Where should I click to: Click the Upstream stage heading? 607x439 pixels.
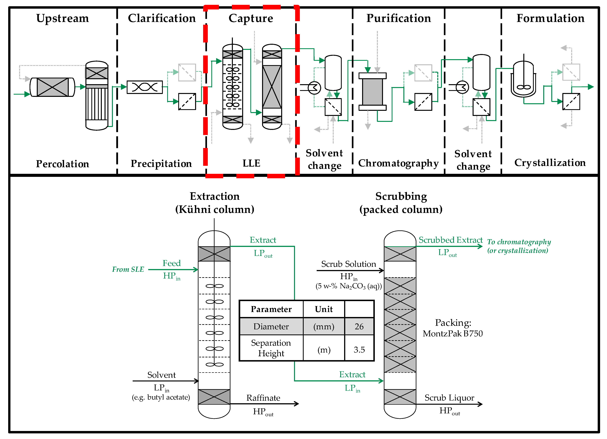[x=63, y=18]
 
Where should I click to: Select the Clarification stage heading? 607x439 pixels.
[x=162, y=18]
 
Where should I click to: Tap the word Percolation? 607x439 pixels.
[x=63, y=164]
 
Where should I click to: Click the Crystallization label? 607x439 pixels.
[x=550, y=162]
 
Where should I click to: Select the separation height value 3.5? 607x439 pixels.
[x=359, y=350]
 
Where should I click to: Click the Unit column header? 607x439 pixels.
[x=324, y=309]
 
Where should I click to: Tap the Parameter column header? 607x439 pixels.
[x=271, y=309]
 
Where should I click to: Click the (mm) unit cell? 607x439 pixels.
[x=324, y=326]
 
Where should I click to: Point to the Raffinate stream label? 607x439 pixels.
[x=263, y=398]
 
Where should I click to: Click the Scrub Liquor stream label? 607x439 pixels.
[x=449, y=398]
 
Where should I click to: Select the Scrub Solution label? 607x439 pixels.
[x=348, y=264]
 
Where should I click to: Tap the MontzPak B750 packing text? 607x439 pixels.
[x=453, y=333]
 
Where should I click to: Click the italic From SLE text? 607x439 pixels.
[x=128, y=269]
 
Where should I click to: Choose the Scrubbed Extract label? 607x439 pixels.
[x=451, y=240]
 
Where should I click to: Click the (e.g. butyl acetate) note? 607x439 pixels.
[x=161, y=397]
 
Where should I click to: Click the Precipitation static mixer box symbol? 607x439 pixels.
[x=145, y=87]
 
